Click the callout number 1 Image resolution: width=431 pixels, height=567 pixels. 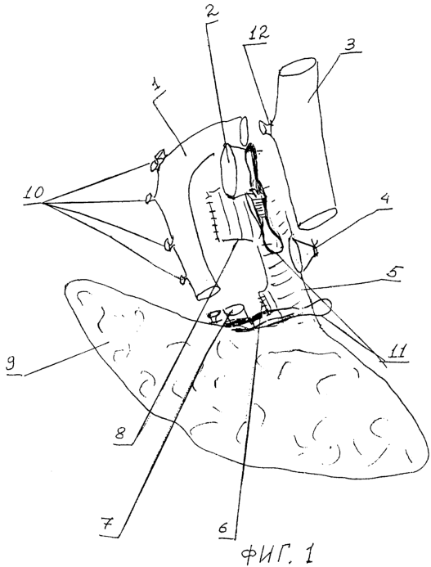click(x=156, y=87)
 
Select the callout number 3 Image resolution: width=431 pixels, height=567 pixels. click(x=350, y=45)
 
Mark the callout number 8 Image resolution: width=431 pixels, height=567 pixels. click(x=122, y=433)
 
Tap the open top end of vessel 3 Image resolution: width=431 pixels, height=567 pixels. click(x=298, y=67)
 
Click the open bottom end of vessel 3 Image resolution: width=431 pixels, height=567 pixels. click(x=318, y=218)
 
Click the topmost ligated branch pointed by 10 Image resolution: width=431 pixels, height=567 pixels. click(x=157, y=159)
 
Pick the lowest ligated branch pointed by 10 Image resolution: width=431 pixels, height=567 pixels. click(x=182, y=279)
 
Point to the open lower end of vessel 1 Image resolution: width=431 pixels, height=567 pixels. click(x=207, y=292)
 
